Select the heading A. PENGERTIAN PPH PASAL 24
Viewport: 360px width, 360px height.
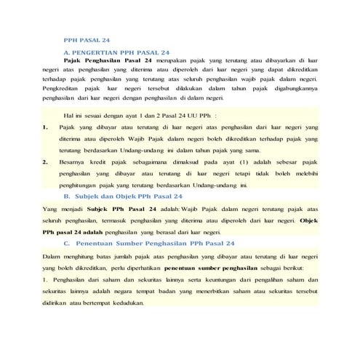[x=116, y=52]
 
